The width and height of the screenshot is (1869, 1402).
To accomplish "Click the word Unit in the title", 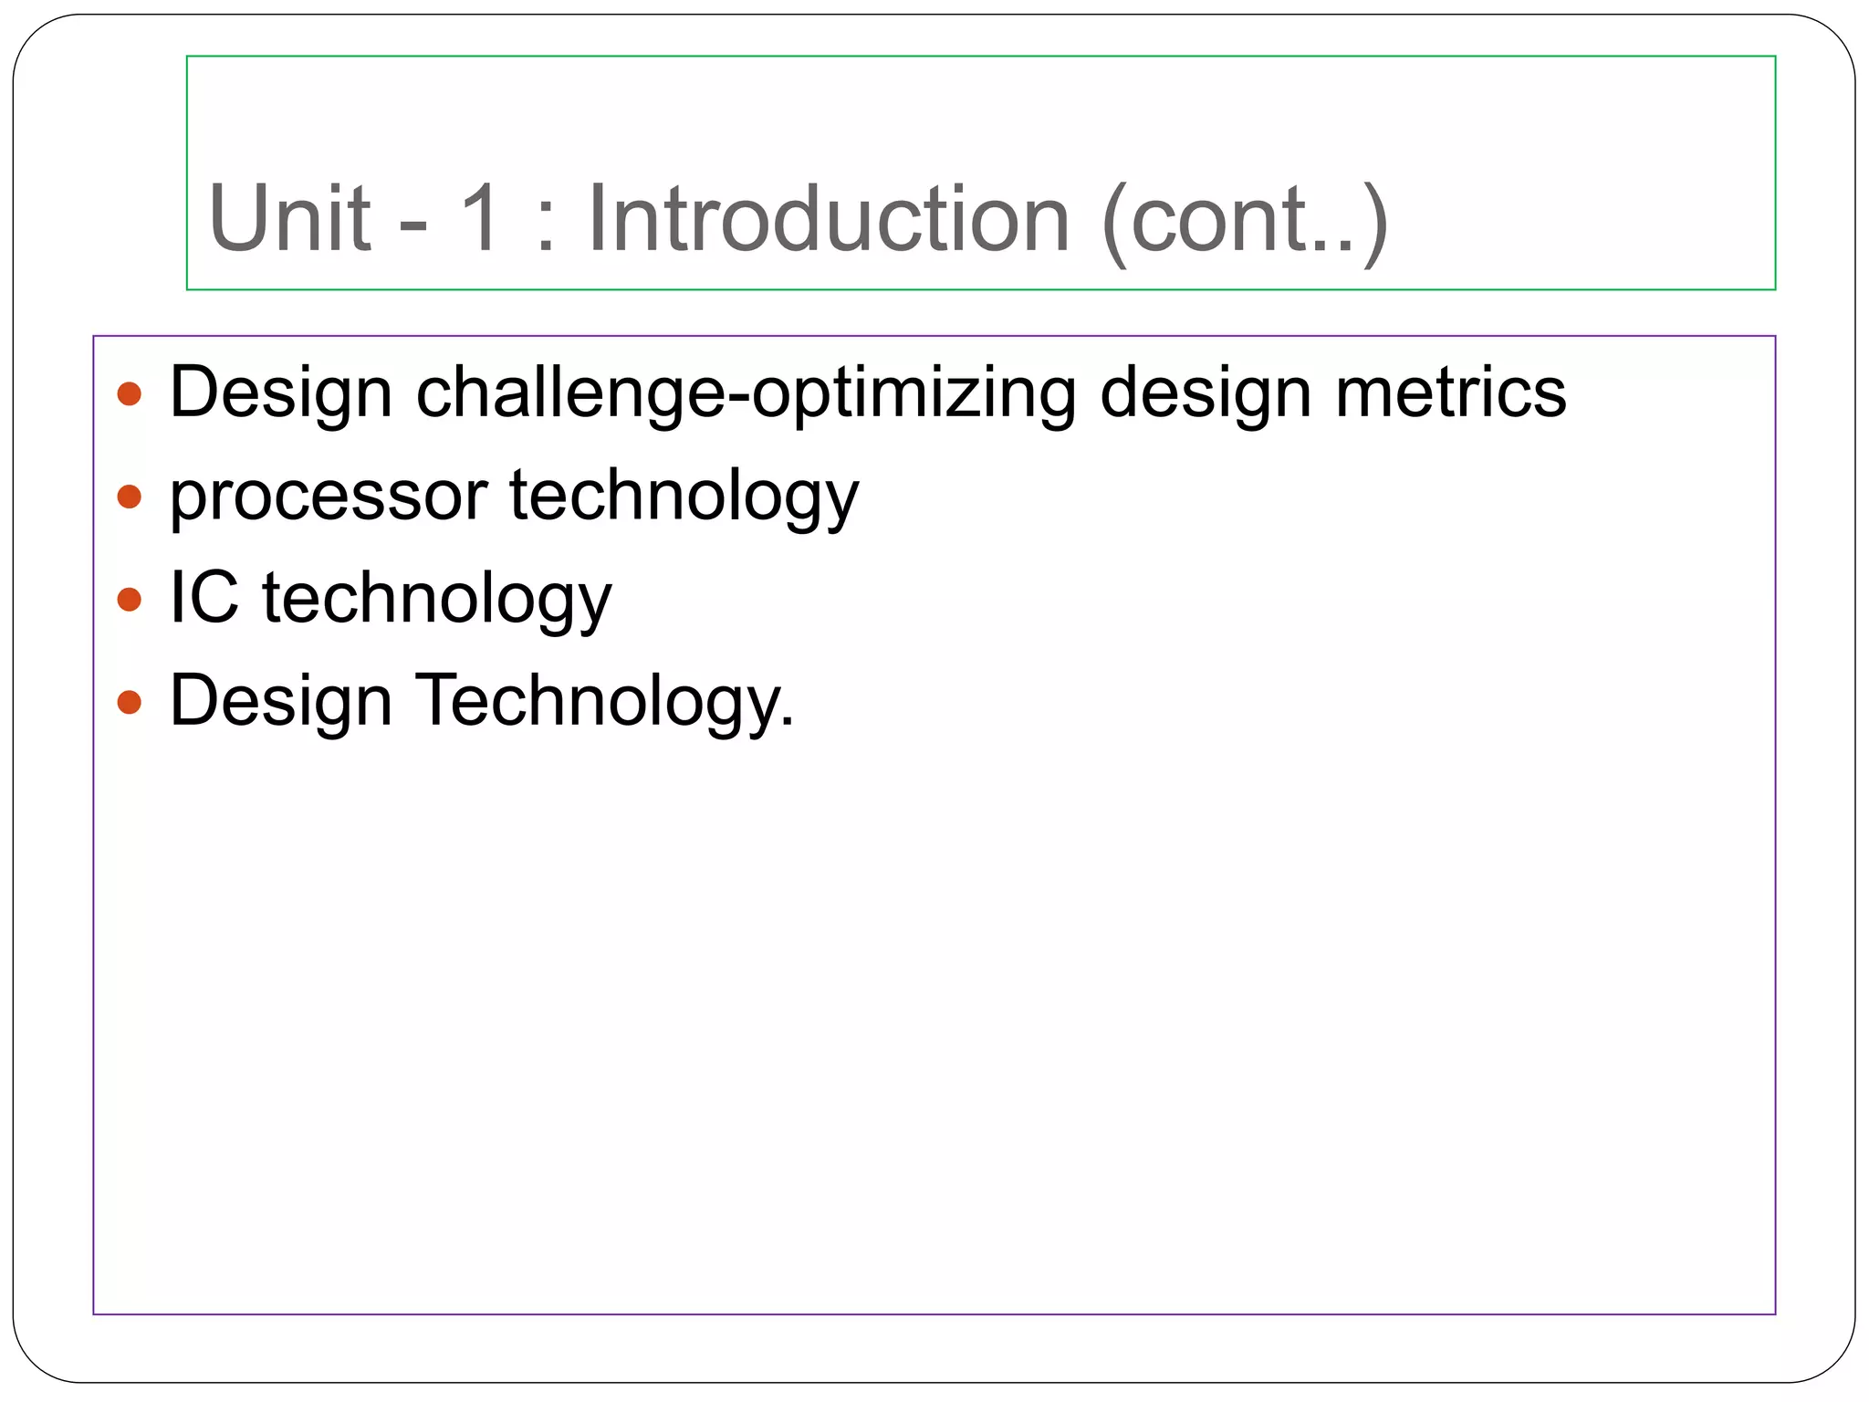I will click(289, 219).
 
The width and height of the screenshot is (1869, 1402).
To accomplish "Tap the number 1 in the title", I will click(480, 219).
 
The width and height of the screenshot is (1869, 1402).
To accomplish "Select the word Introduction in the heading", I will click(828, 219).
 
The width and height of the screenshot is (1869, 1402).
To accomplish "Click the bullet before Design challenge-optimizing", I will click(130, 393).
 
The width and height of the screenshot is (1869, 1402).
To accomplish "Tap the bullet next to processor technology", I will click(130, 497).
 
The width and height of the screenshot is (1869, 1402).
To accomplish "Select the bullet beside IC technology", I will click(130, 600).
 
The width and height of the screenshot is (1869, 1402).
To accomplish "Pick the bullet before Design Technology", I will click(130, 702).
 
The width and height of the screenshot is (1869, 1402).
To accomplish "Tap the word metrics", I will click(1450, 393).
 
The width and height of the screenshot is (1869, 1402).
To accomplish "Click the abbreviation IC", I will click(204, 598).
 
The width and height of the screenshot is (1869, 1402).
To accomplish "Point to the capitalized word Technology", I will click(605, 701).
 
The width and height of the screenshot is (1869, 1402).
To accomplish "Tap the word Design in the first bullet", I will click(280, 393).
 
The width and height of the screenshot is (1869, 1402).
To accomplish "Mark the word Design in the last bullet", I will click(280, 701).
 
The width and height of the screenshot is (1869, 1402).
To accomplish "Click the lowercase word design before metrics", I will click(1205, 393).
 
